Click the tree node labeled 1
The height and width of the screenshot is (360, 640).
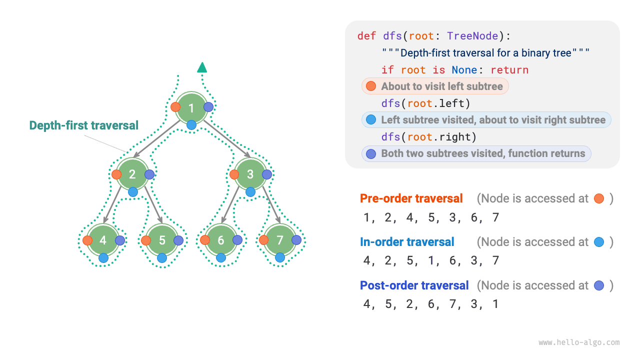pyautogui.click(x=191, y=107)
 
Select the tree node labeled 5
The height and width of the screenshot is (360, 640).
pyautogui.click(x=162, y=240)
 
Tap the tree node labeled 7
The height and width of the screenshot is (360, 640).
pyautogui.click(x=280, y=240)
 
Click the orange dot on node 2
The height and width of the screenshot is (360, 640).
pyautogui.click(x=116, y=174)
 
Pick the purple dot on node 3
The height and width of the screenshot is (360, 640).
pyautogui.click(x=267, y=174)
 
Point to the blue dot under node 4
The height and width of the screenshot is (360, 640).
pyautogui.click(x=103, y=258)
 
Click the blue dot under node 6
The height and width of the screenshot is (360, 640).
pyautogui.click(x=221, y=258)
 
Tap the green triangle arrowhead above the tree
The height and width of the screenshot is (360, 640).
pyautogui.click(x=202, y=67)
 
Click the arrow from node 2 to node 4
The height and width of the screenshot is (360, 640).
pyautogui.click(x=114, y=205)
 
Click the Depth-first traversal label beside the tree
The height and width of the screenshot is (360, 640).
pyautogui.click(x=83, y=125)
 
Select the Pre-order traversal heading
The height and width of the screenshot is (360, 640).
pyautogui.click(x=411, y=198)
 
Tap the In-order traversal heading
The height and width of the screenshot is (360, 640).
pyautogui.click(x=407, y=242)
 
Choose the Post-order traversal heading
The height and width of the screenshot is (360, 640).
pyautogui.click(x=414, y=285)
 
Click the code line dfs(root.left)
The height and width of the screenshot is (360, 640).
pyautogui.click(x=425, y=103)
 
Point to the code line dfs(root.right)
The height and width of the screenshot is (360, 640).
pyautogui.click(x=428, y=137)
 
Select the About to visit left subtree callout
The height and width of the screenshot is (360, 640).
pyautogui.click(x=435, y=86)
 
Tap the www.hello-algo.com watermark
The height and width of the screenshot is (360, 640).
pyautogui.click(x=579, y=342)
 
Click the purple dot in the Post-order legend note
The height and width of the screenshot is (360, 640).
pyautogui.click(x=599, y=285)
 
